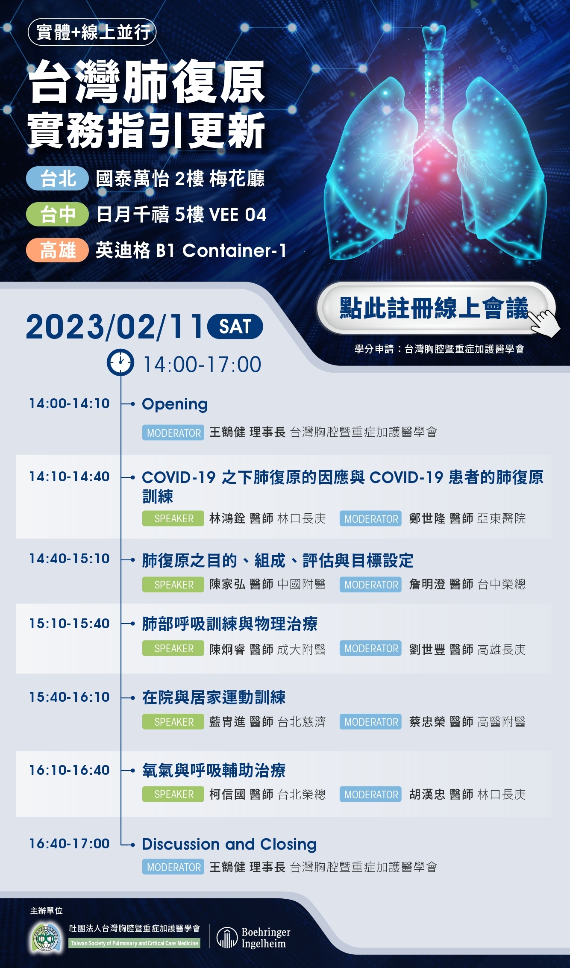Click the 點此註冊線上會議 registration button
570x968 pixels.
435,308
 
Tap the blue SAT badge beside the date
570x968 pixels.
235,327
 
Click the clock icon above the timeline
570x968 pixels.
120,363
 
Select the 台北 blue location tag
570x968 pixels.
58,179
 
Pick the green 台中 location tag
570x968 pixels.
58,215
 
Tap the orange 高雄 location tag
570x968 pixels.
58,250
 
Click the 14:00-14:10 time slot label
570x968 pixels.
69,403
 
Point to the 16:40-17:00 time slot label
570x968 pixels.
69,844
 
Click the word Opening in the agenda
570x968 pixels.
175,404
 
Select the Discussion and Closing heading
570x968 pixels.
229,844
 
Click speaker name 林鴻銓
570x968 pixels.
227,518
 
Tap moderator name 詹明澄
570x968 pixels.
427,584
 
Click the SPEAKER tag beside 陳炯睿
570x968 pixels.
173,649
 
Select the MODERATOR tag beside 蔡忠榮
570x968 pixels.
370,722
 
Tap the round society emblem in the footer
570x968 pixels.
45,938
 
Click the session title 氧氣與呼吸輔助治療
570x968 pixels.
214,771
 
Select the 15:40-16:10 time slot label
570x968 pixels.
69,697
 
